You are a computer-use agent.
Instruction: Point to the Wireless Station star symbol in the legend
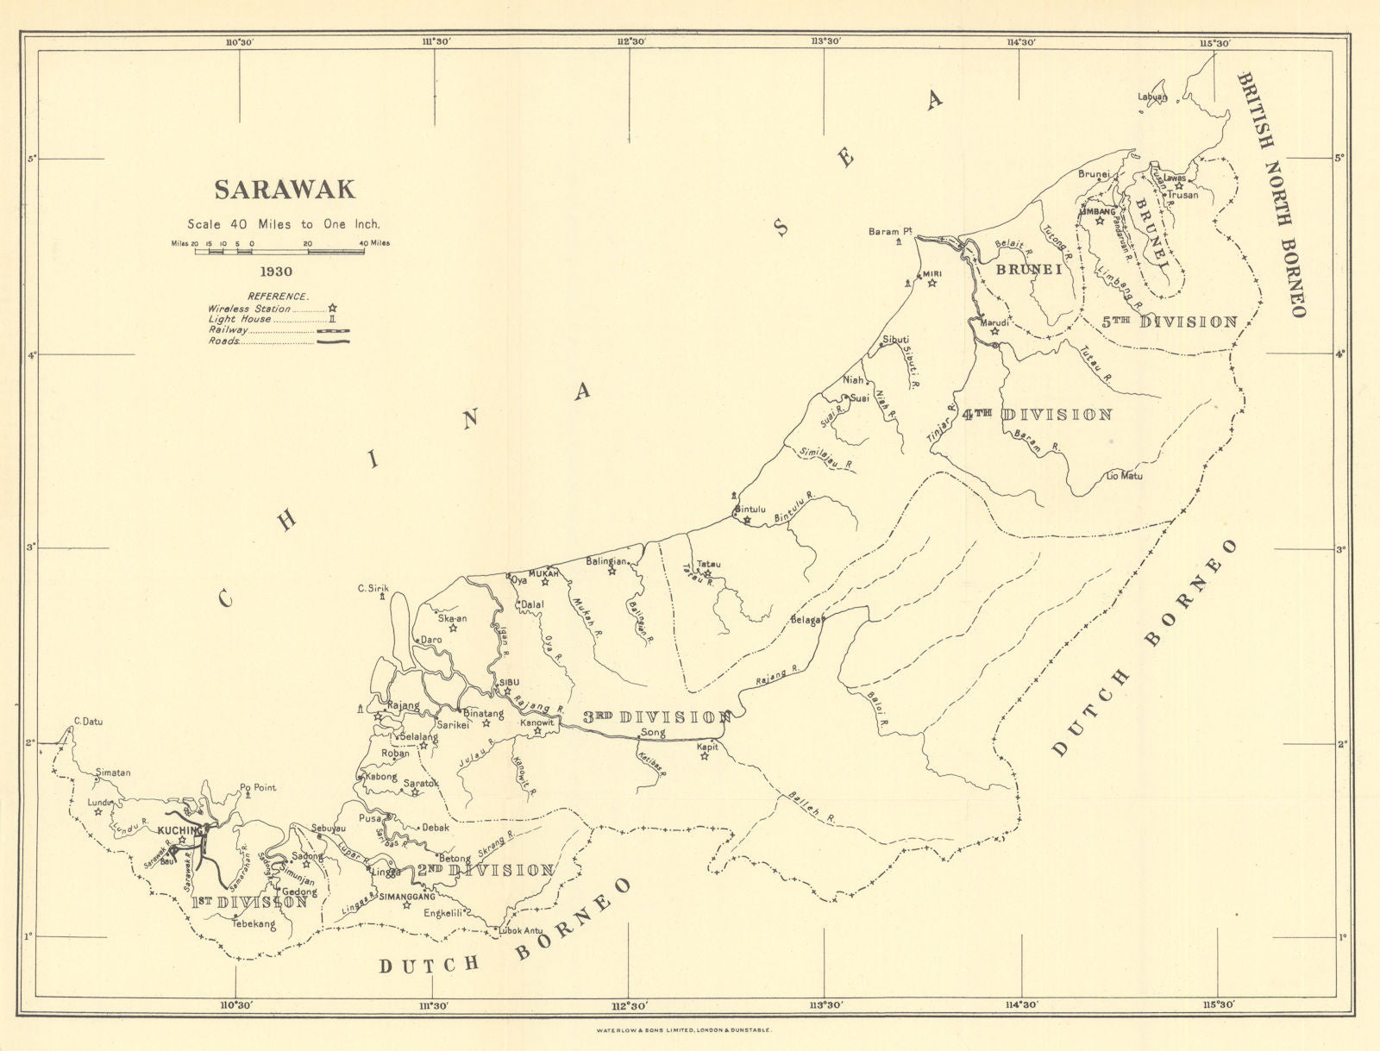pyautogui.click(x=331, y=308)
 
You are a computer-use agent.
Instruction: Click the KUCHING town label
pyautogui.click(x=179, y=829)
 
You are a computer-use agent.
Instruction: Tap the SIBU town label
pyautogui.click(x=506, y=682)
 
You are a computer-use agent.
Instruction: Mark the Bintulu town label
pyautogui.click(x=750, y=510)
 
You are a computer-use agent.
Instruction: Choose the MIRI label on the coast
pyautogui.click(x=931, y=273)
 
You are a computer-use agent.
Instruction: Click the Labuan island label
pyautogui.click(x=1151, y=97)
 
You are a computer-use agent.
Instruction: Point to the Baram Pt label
pyautogui.click(x=890, y=231)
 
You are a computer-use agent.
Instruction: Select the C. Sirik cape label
pyautogui.click(x=373, y=589)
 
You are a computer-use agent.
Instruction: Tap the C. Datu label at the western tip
pyautogui.click(x=88, y=722)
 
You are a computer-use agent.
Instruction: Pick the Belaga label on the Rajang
pyautogui.click(x=806, y=620)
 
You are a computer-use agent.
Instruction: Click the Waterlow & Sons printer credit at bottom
pyautogui.click(x=688, y=1030)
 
